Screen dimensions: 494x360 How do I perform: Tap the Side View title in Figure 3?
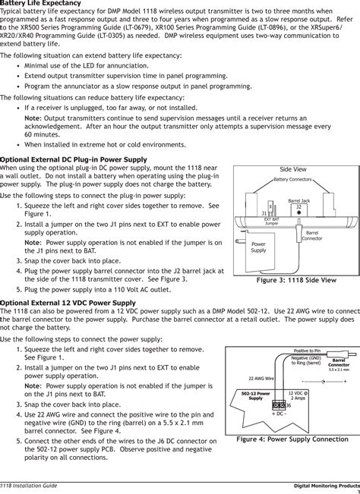293,169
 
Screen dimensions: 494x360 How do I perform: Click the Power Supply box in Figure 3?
258,247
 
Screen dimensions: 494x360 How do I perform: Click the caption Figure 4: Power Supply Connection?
292,439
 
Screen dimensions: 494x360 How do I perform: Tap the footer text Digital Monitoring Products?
327,483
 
